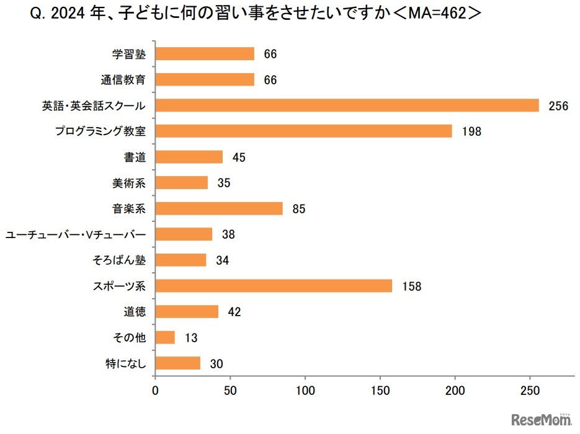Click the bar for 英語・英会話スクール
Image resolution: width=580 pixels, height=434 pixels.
347,105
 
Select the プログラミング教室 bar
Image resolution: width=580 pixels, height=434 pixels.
303,131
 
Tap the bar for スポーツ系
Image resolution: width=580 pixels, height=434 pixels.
274,286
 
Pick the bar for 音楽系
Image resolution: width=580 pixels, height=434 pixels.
219,208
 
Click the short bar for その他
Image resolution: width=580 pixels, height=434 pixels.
165,337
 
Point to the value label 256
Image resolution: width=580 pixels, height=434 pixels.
558,106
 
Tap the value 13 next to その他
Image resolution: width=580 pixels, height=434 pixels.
192,338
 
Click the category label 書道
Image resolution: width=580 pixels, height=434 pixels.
135,157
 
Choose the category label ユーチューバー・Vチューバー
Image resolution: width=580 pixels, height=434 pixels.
75,234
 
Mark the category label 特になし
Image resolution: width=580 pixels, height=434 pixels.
127,363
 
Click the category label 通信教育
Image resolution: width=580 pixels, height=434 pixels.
123,79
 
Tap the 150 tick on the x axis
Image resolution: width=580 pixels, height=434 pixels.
380,391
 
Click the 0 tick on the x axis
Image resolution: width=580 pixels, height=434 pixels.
155,391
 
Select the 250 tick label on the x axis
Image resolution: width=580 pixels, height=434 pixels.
530,391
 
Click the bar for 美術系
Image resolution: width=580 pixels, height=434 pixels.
181,183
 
